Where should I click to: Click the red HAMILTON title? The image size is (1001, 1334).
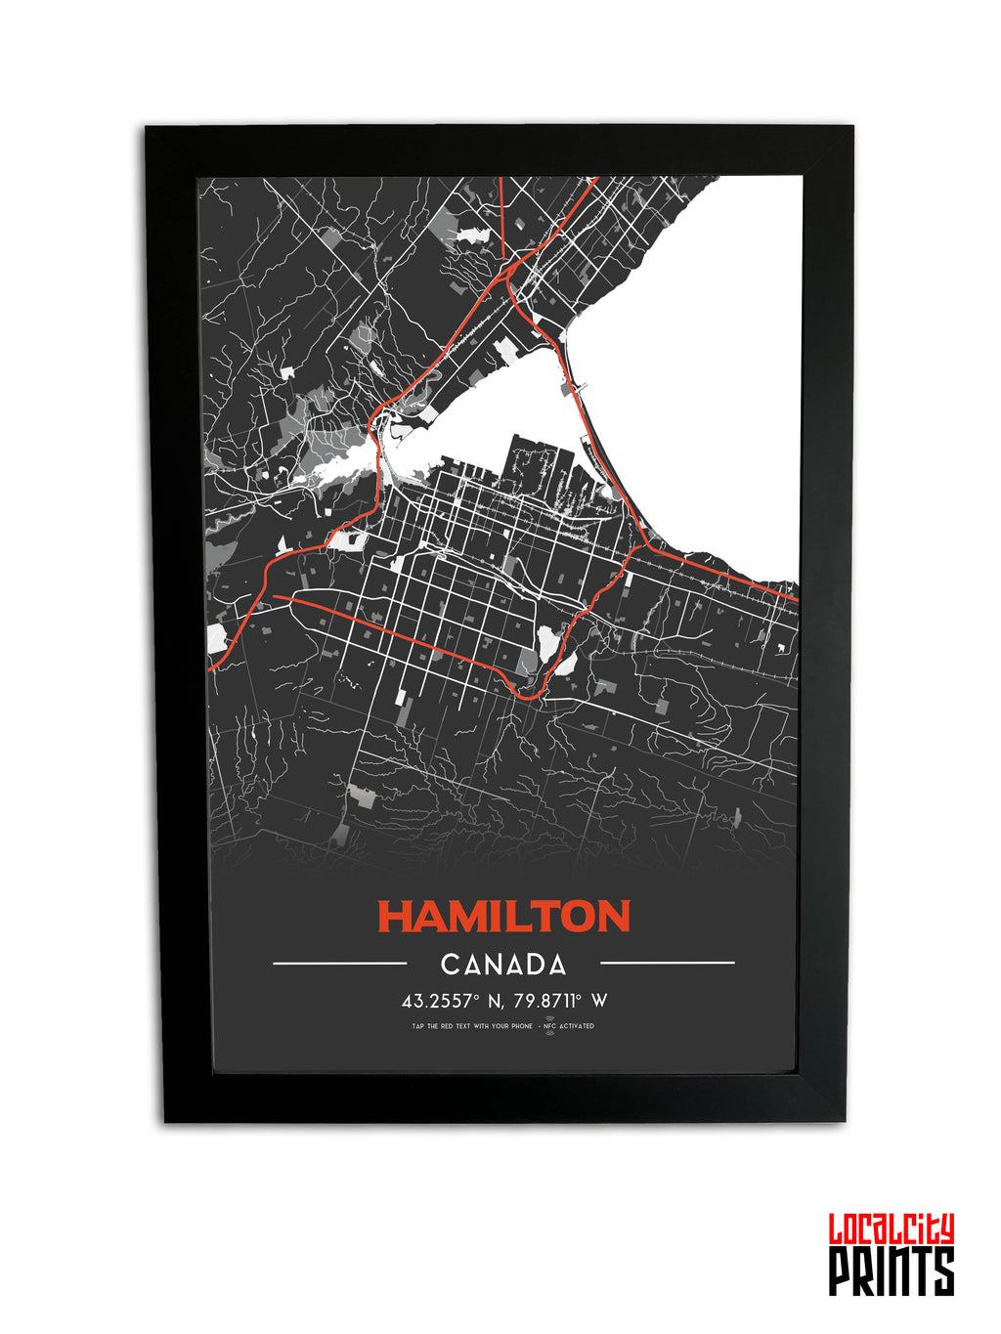click(503, 917)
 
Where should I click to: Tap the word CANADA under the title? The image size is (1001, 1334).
click(503, 966)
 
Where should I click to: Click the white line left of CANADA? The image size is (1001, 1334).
click(339, 964)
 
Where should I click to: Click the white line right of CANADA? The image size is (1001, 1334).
click(667, 964)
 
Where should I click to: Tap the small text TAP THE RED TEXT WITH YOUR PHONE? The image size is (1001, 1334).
click(472, 1026)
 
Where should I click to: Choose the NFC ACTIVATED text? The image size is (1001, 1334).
click(572, 1026)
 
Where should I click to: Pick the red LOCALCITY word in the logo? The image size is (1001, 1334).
click(891, 1229)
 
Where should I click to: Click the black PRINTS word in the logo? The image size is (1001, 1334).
click(891, 1271)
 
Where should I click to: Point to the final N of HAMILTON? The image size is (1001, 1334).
click(614, 917)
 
